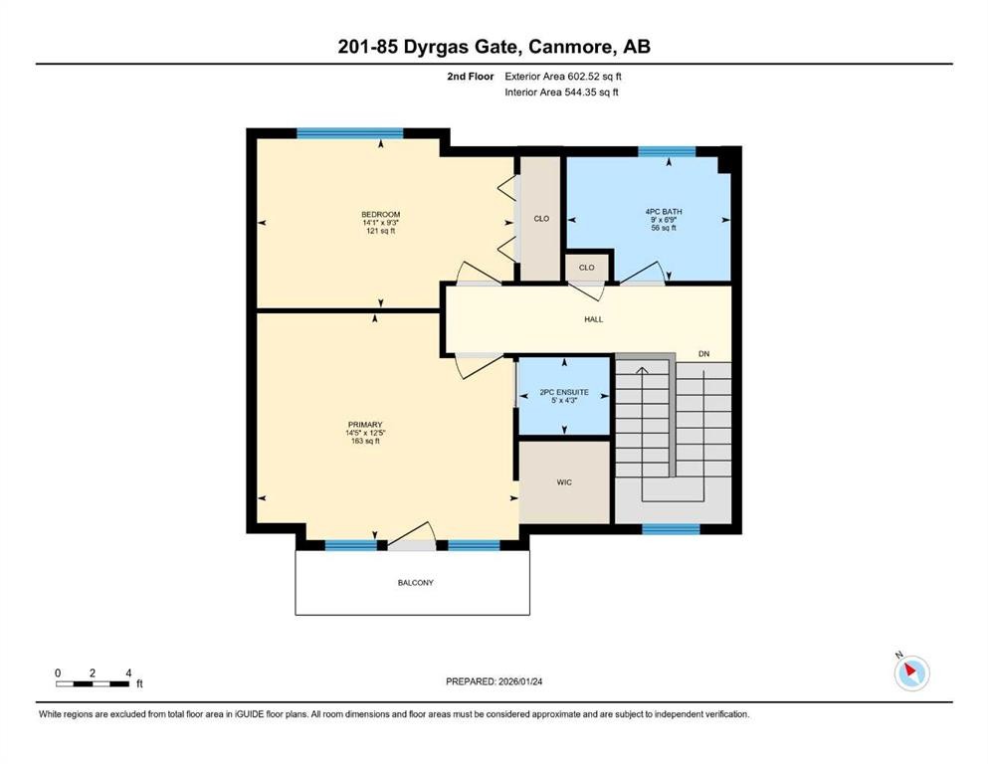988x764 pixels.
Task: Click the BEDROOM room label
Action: coord(380,214)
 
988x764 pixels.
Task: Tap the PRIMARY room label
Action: coord(365,424)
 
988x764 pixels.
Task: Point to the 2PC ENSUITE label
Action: coord(564,392)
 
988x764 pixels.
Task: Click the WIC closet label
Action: coord(563,482)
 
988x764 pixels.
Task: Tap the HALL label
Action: coord(593,319)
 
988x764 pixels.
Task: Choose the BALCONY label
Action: coord(413,583)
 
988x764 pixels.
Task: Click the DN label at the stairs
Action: coord(704,354)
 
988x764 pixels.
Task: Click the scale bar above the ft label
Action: coord(93,682)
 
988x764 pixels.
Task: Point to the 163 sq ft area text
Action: coord(365,441)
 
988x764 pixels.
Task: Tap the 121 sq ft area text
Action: coord(380,231)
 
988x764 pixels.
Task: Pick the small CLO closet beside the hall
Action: coord(587,268)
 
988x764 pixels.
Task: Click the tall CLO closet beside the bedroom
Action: coord(541,218)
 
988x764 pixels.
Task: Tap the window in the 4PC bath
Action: coord(667,151)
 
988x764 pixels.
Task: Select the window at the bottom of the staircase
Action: coord(671,529)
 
